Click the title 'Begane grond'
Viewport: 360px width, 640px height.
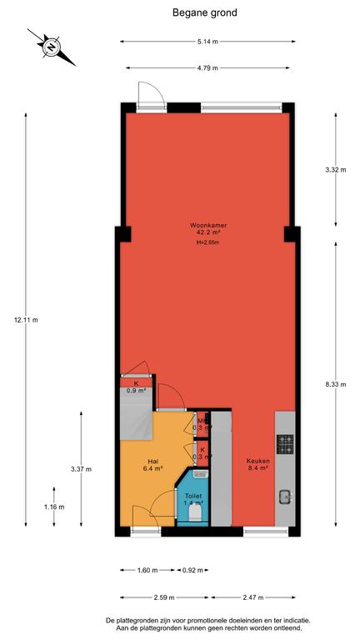[204, 12]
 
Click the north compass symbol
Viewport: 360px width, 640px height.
[52, 47]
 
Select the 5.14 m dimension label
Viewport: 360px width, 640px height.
[207, 42]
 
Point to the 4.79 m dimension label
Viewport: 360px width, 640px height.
[207, 67]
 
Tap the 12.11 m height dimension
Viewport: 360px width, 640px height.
[26, 320]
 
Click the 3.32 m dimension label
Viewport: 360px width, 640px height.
[336, 170]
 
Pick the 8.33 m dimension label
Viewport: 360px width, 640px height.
[336, 384]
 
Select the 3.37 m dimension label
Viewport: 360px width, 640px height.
[81, 469]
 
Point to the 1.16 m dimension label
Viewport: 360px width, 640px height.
[54, 507]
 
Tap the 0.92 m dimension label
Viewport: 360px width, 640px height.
[192, 570]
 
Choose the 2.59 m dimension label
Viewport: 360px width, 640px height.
[164, 597]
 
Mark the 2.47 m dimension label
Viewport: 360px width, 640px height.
[251, 597]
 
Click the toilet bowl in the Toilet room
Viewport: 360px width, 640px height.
[196, 513]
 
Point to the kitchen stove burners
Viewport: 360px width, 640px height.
[285, 444]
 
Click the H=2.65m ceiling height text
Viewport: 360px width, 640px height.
[208, 242]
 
